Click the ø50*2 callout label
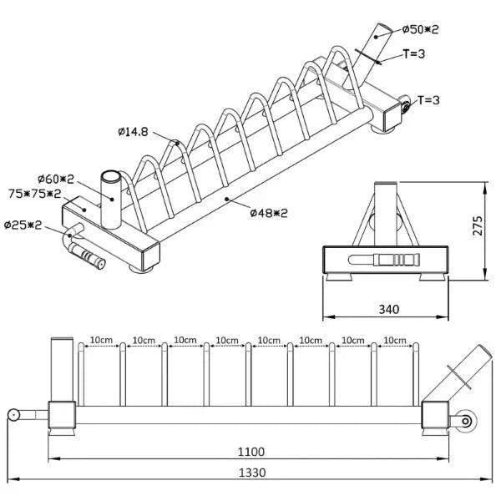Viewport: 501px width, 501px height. [x=421, y=29]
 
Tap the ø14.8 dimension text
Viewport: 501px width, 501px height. [x=133, y=132]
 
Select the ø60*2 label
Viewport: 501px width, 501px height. [x=56, y=179]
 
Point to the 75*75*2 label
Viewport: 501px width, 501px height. [x=34, y=194]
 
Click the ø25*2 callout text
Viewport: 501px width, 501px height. [x=23, y=225]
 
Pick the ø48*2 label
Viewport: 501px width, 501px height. [x=269, y=212]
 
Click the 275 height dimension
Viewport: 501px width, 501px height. [x=478, y=226]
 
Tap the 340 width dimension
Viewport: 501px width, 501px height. [x=389, y=309]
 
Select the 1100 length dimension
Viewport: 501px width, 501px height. [x=251, y=452]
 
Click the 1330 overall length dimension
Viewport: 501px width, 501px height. [x=252, y=473]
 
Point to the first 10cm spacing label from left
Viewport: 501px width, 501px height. [x=101, y=340]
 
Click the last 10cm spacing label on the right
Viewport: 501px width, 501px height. [x=395, y=340]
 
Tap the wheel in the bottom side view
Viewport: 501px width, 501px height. [x=466, y=421]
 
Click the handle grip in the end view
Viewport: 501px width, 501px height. [x=384, y=259]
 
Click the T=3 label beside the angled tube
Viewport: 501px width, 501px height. [x=414, y=54]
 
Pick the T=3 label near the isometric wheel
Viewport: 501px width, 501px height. [x=428, y=100]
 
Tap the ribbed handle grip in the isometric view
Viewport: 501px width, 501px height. [x=88, y=256]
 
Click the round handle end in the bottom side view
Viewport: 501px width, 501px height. [x=13, y=415]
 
